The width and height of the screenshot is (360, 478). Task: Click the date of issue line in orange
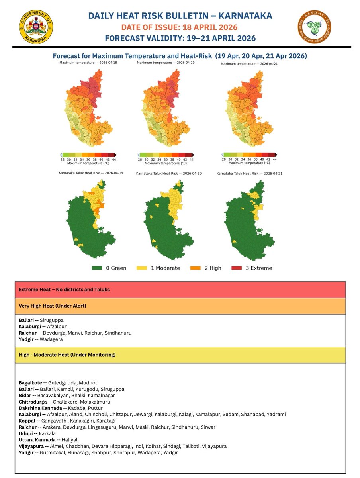point(179,27)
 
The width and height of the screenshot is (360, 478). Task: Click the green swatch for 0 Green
point(97,268)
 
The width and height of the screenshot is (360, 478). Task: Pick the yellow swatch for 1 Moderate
point(143,268)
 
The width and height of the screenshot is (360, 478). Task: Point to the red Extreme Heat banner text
point(64,290)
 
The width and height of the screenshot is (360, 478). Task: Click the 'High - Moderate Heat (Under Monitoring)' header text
point(67,355)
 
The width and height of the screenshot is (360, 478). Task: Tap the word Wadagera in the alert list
point(51,339)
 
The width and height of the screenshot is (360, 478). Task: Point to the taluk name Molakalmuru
point(95,402)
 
